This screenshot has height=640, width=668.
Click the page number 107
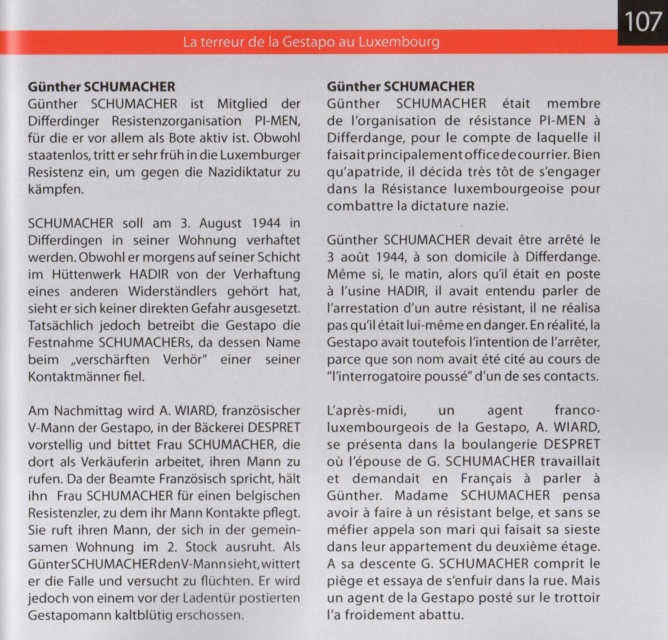coord(643,22)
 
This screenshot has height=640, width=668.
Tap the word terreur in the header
coord(225,42)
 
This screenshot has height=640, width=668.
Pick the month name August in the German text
coord(220,223)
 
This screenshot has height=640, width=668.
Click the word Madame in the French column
coord(421,496)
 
